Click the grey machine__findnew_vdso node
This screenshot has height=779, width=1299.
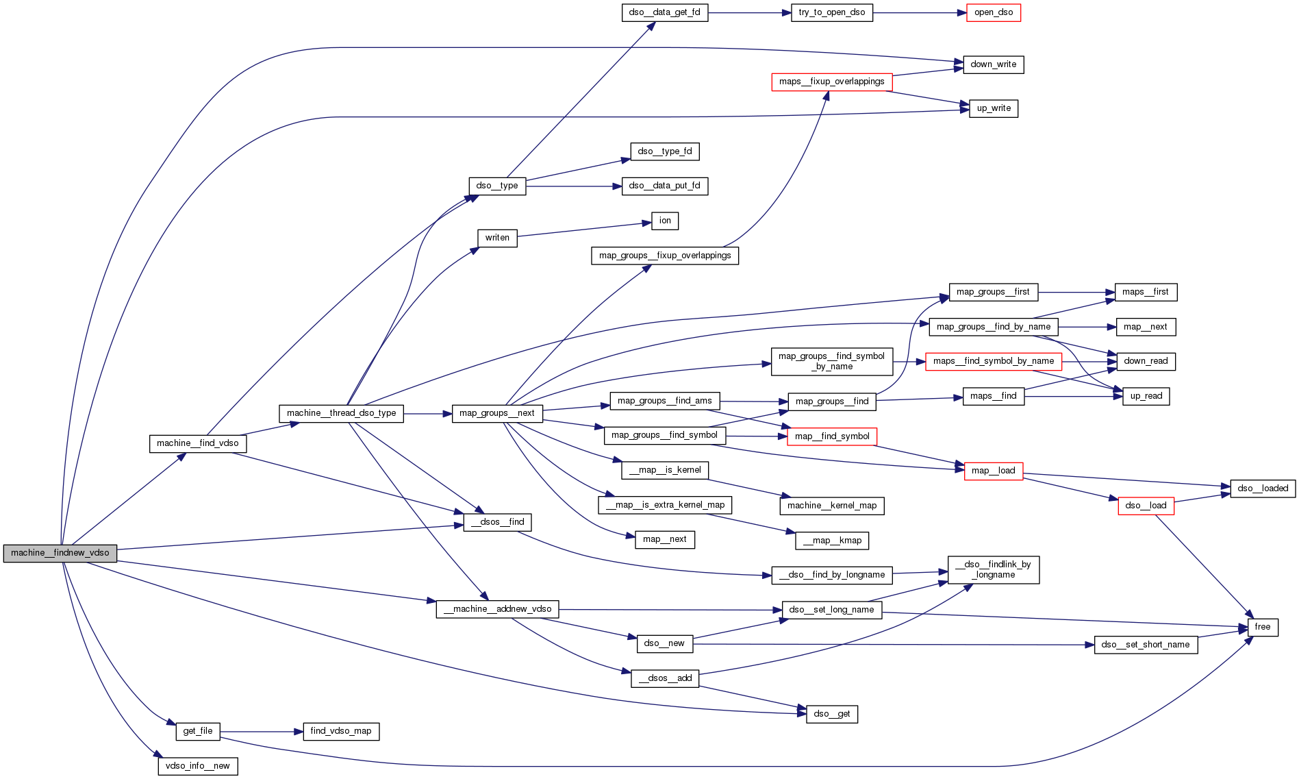point(60,553)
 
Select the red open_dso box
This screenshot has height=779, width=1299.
point(993,12)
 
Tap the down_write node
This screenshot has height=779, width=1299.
point(993,64)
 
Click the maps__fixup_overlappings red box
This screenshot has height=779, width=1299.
point(831,82)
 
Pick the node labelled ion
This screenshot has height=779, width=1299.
point(665,221)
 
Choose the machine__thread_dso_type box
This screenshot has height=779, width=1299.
point(341,413)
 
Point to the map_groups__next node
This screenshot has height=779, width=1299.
point(496,413)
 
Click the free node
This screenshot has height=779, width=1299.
point(1262,627)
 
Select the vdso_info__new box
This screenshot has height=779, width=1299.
point(197,766)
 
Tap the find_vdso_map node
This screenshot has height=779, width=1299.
point(340,731)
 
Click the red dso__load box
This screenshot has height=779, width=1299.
point(1146,506)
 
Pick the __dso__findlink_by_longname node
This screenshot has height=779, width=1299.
point(993,569)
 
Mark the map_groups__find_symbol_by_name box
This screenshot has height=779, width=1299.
point(831,361)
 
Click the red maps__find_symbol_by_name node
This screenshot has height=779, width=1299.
point(993,361)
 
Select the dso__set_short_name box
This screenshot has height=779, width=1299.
point(1146,645)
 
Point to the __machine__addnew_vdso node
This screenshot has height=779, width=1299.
point(497,609)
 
